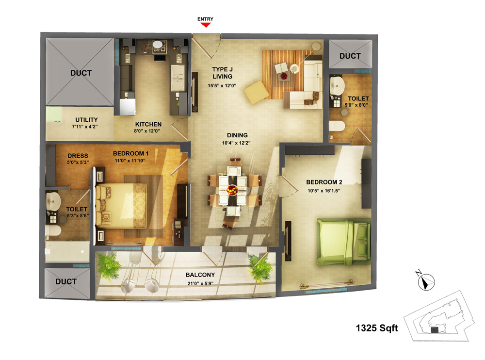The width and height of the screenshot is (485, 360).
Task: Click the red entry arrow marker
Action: coord(205,25)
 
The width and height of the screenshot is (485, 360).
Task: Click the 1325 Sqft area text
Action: coord(377,328)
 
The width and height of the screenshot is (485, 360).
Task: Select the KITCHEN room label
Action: coord(148,124)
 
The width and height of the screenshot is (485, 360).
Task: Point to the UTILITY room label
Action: coord(87,120)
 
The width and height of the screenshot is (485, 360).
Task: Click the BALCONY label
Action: coord(200,275)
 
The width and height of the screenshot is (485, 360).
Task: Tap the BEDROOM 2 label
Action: coord(324,182)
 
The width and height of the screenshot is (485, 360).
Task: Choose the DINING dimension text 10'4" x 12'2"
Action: coord(236,143)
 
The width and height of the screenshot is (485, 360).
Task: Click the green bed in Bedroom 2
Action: coord(344,242)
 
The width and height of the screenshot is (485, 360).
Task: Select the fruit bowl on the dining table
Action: coord(232,189)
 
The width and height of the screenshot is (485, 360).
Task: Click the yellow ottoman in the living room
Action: coord(256,92)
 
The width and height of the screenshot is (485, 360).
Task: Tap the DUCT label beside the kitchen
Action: coord(81,73)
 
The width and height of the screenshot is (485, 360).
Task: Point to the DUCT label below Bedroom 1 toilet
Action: coord(66,282)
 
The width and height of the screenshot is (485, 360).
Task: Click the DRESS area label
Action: coord(78,156)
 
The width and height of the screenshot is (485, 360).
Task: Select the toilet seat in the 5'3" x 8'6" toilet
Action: coord(53,230)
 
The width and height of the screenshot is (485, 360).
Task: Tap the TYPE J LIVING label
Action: coord(223,73)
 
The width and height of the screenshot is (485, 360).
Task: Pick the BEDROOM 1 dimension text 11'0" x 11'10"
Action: coord(130,161)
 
